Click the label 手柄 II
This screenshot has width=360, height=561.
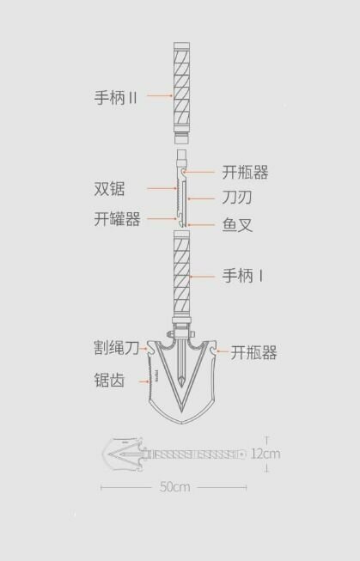tap(116, 97)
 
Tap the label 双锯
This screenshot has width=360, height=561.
tap(109, 188)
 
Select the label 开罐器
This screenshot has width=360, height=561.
tap(117, 218)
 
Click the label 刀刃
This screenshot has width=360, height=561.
tap(237, 197)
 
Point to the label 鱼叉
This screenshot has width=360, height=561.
tap(237, 225)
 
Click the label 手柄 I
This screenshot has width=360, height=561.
tap(243, 276)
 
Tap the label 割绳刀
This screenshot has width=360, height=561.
tap(116, 347)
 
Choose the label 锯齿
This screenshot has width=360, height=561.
tap(109, 380)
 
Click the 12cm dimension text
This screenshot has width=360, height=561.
tap(265, 454)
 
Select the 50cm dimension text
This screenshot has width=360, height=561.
tap(174, 486)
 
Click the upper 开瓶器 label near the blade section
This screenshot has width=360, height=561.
tap(245, 172)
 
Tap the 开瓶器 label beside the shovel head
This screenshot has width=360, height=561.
tap(253, 353)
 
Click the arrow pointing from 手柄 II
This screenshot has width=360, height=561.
tap(160, 96)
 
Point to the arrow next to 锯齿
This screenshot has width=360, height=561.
tap(143, 381)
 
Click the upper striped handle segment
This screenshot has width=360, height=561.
tap(182, 87)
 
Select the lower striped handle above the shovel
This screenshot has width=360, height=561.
tap(182, 274)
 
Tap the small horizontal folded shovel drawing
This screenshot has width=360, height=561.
tap(174, 454)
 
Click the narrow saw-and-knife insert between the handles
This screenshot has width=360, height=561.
tap(182, 188)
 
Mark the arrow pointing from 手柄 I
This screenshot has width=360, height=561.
tap(202, 277)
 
